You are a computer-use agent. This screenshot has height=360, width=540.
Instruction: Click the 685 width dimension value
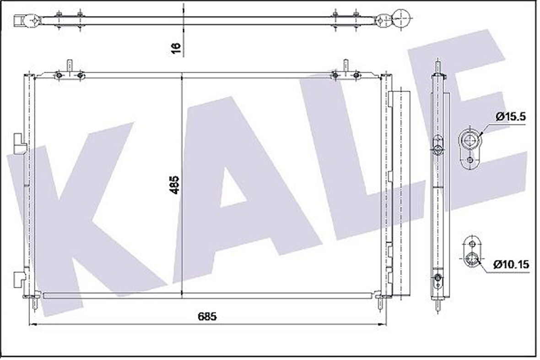click(207, 316)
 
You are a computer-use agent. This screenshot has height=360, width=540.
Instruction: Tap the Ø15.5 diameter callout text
click(510, 117)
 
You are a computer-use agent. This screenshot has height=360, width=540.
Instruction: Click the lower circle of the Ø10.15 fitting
click(471, 260)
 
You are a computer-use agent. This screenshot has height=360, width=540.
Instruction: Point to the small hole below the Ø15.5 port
click(470, 160)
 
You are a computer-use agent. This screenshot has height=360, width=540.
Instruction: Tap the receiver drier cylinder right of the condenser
click(400, 192)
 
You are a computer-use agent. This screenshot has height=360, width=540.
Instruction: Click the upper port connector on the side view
click(438, 147)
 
